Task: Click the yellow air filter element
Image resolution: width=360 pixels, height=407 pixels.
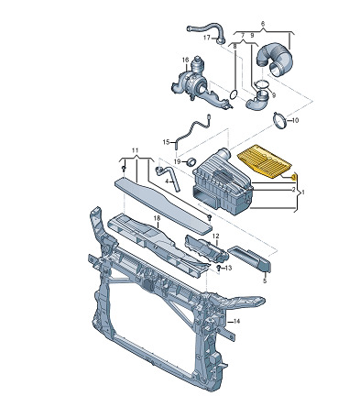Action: pos(264,161)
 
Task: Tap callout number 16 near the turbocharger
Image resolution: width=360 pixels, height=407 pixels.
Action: pos(186,60)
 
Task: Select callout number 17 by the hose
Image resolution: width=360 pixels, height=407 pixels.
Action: pos(207,38)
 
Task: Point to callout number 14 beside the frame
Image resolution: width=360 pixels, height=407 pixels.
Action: pos(236,321)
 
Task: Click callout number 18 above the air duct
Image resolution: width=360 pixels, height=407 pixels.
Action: pos(157,218)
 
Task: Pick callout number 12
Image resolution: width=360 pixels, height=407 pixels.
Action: pos(216,236)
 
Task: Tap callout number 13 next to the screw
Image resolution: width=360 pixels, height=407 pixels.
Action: pos(228,268)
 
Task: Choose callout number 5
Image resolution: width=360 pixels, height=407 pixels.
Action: pos(265,280)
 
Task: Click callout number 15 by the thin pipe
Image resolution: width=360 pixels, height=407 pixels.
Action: pos(166,142)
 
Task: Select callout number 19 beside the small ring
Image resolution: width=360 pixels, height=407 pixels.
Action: pos(178,161)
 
